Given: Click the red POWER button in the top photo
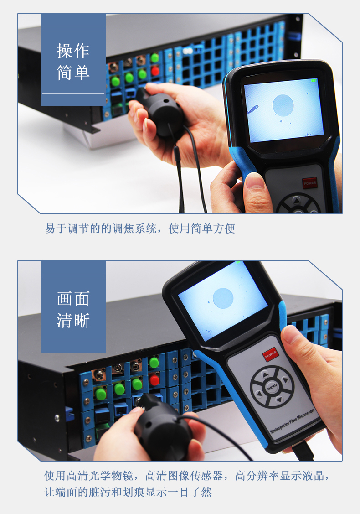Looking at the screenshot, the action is (309, 183).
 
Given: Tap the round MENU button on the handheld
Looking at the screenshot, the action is (272, 387).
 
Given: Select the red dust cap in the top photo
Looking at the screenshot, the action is (155, 71).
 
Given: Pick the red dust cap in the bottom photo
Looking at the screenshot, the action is (154, 380).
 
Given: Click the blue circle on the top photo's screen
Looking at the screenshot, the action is (283, 105).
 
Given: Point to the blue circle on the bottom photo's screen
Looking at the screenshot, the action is (223, 298).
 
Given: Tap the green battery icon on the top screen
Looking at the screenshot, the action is (314, 80).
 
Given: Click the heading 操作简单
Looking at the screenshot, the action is (73, 62).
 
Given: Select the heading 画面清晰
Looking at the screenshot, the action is (73, 309).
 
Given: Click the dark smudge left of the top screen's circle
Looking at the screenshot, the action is (252, 109).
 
